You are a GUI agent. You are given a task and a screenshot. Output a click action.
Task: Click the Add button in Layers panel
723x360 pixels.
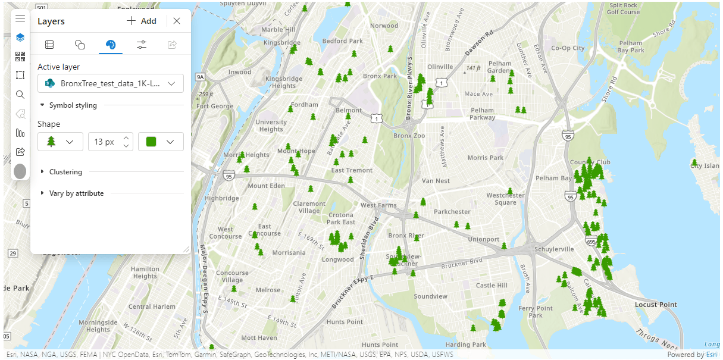click(142, 21)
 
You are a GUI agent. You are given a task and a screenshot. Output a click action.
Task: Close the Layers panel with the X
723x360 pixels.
click(177, 21)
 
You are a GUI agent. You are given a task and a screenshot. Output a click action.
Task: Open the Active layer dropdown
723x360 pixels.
click(110, 84)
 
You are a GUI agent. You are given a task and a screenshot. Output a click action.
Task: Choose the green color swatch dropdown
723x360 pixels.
click(161, 142)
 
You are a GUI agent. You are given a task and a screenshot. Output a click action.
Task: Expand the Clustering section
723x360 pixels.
click(65, 172)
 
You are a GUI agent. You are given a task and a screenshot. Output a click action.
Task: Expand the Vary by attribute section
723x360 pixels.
click(76, 193)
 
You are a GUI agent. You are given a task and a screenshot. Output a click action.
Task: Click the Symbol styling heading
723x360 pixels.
click(73, 105)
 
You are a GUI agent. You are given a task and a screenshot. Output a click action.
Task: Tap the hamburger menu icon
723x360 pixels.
click(20, 18)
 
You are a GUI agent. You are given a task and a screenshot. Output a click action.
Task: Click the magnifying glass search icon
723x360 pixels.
click(20, 95)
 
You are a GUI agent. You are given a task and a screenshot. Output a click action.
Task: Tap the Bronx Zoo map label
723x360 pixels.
click(409, 136)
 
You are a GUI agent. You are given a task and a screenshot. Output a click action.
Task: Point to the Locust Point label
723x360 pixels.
click(656, 305)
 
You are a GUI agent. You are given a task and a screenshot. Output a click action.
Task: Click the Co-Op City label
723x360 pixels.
click(568, 48)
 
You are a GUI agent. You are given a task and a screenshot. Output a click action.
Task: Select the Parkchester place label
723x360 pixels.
click(452, 212)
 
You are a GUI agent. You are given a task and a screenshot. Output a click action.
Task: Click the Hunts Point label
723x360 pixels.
click(345, 322)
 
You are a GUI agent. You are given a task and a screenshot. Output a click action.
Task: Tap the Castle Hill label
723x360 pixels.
click(492, 286)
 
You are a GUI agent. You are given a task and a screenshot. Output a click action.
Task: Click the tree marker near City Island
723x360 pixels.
click(694, 162)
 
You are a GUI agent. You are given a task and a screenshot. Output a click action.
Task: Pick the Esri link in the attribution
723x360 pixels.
click(712, 355)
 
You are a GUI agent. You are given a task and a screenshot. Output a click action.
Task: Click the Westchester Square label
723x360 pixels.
click(505, 199)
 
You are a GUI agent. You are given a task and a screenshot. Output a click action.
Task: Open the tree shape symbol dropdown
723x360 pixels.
click(60, 142)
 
